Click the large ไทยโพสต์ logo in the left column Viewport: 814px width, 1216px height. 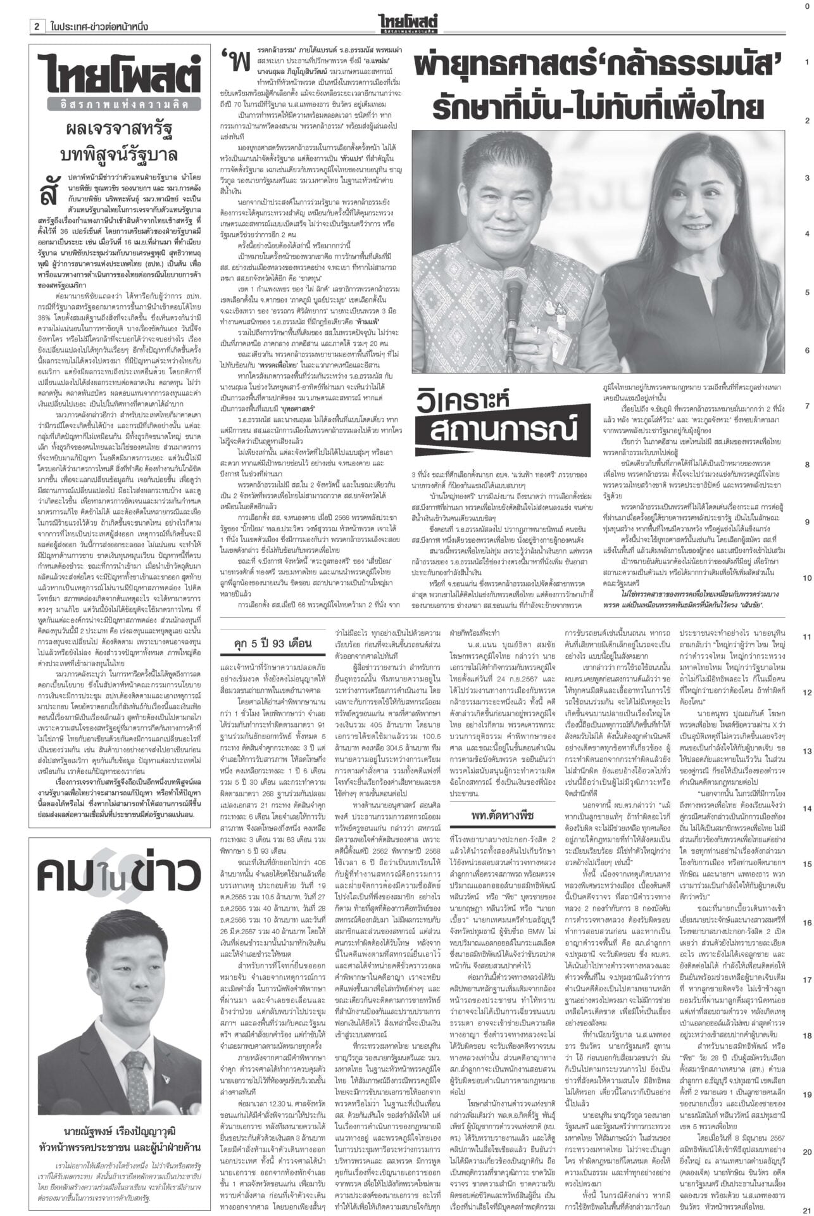(x=115, y=75)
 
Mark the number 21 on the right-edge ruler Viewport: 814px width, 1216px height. (x=806, y=1209)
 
